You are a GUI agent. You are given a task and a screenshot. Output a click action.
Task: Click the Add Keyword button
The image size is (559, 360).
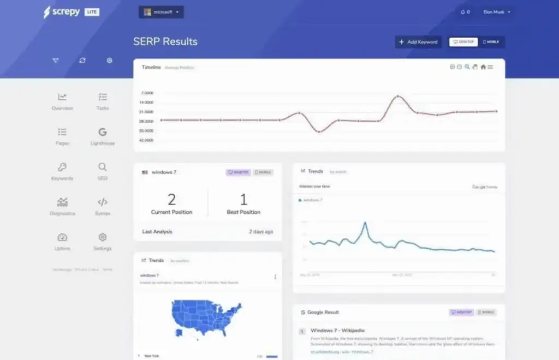(x=418, y=42)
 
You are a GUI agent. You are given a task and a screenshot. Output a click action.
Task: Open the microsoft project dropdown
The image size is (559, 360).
(x=161, y=12)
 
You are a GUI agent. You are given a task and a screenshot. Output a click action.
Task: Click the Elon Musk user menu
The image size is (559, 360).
(x=497, y=12)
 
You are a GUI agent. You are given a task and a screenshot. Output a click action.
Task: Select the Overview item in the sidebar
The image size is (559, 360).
(x=62, y=101)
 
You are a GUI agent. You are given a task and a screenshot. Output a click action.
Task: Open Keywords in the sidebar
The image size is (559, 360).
(x=62, y=171)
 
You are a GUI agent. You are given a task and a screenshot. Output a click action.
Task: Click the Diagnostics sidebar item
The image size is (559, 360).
(x=62, y=206)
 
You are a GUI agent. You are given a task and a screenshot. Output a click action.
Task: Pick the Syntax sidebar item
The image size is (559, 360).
(x=103, y=206)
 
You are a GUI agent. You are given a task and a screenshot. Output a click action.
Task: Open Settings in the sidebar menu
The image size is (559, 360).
(x=103, y=241)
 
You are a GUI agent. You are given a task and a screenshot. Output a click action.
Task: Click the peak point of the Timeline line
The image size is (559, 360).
(x=397, y=97)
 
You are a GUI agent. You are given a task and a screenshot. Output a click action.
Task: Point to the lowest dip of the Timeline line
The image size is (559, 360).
(x=319, y=131)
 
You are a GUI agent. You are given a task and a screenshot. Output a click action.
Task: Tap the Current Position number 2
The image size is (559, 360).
(x=171, y=199)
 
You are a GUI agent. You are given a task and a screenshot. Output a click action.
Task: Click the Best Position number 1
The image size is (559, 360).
(x=243, y=199)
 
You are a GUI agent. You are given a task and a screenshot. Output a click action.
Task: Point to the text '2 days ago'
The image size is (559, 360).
(x=261, y=231)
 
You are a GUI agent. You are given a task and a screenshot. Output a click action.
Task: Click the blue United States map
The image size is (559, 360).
(x=206, y=316)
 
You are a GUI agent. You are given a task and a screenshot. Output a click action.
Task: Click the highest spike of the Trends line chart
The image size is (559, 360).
(x=365, y=223)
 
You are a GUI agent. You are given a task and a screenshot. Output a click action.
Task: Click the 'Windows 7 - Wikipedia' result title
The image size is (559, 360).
(x=337, y=330)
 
